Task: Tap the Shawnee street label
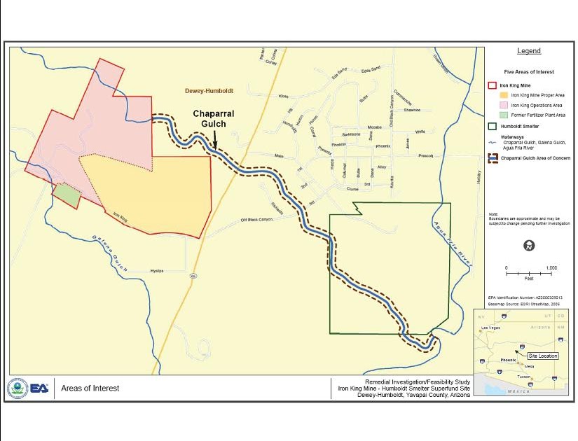412,110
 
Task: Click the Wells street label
420,132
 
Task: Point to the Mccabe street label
375,127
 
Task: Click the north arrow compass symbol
530,245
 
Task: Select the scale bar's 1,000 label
551,268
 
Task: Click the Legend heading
529,51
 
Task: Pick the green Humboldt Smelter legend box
493,127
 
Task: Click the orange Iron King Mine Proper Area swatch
503,94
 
